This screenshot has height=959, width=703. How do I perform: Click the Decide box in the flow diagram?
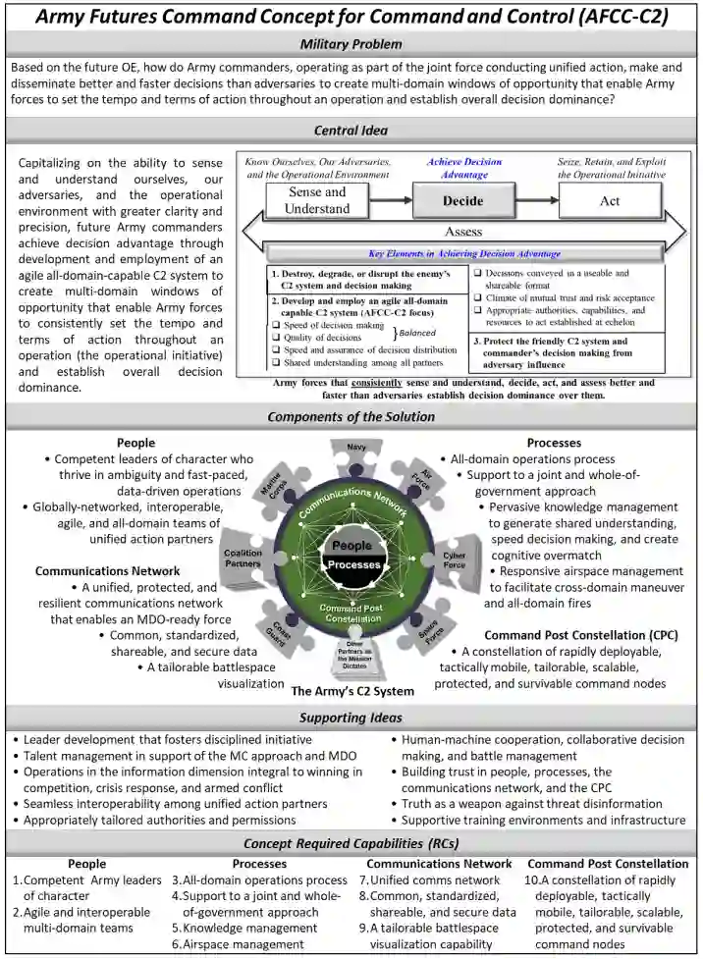[x=463, y=200]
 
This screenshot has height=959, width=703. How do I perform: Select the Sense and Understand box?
[x=317, y=200]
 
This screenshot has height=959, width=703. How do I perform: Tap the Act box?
[x=609, y=200]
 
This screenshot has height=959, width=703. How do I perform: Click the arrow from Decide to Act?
[x=536, y=200]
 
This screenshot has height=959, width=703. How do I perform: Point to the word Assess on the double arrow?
[x=462, y=233]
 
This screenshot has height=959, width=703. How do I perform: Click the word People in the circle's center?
[x=351, y=546]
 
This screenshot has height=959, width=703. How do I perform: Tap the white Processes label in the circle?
[x=352, y=565]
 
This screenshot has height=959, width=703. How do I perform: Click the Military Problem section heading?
[x=351, y=44]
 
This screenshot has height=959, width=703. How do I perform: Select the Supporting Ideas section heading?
[x=351, y=718]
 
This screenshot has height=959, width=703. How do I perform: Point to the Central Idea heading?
[x=351, y=131]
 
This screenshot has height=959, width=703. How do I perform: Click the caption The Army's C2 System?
[x=352, y=691]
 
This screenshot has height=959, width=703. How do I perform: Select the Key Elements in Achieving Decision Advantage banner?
[x=462, y=253]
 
